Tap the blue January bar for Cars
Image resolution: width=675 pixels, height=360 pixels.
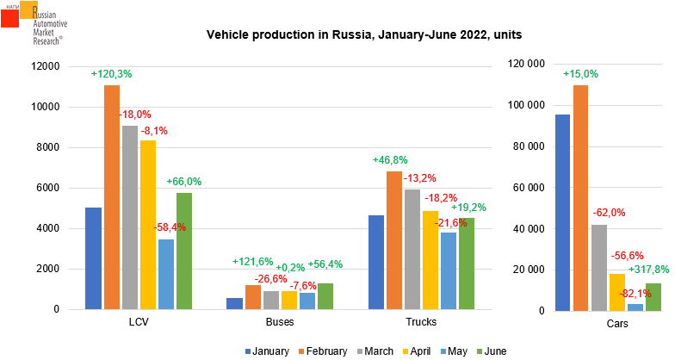tap(563, 212)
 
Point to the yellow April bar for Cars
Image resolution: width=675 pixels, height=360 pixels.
tap(616, 291)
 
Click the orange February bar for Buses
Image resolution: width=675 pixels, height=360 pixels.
tap(253, 297)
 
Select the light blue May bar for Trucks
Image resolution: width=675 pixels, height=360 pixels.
tap(448, 270)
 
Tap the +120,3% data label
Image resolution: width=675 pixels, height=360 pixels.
tap(112, 74)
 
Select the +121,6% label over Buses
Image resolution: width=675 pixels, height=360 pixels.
tap(252, 262)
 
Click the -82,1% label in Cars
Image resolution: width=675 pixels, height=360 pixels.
tap(635, 294)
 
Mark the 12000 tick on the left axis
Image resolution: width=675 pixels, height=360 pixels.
tap(43, 66)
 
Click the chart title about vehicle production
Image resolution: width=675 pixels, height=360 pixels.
tap(363, 35)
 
